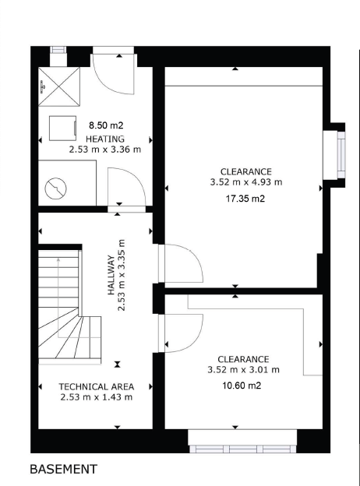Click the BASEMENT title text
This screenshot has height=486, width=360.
(64, 469)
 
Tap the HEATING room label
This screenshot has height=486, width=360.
(105, 139)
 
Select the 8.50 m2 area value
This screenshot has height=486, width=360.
(106, 125)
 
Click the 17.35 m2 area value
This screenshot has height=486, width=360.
(245, 199)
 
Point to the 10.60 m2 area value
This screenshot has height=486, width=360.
(242, 386)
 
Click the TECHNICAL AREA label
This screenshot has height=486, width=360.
(97, 387)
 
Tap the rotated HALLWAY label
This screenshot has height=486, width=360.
(111, 275)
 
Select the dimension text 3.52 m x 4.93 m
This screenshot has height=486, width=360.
(246, 182)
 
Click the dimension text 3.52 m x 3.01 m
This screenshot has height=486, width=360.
(243, 370)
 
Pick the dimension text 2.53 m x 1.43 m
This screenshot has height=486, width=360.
(97, 397)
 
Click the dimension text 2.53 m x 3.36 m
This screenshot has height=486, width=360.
(105, 150)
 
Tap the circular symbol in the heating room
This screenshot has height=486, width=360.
(56, 188)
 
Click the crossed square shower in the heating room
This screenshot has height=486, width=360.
(59, 86)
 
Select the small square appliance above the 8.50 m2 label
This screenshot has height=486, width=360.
(62, 128)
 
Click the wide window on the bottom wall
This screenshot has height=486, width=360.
(242, 449)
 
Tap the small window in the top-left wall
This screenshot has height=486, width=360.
(58, 50)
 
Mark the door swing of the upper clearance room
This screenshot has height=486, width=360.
(181, 263)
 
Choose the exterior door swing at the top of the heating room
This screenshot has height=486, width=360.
(114, 75)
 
